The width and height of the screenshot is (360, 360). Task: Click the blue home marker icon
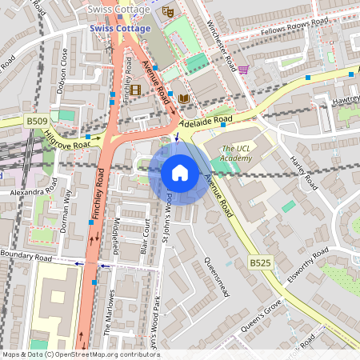[x=180, y=173]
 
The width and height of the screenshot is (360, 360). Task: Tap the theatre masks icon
[x=167, y=12]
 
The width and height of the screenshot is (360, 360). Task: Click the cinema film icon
[x=135, y=90]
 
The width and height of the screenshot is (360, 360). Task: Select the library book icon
[x=184, y=98]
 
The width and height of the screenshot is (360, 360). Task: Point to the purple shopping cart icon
[x=243, y=70]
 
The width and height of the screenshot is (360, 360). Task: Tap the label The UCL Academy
[x=237, y=154]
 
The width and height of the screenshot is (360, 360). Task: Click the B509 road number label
[x=36, y=121]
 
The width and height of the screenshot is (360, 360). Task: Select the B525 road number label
[x=259, y=262]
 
